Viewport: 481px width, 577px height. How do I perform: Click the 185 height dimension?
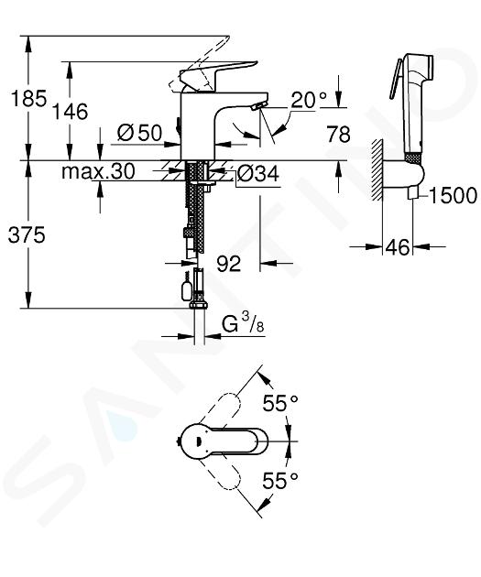coord(29,98)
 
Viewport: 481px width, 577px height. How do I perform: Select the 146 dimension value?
coord(70,112)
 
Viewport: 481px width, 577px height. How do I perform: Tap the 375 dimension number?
coord(27,234)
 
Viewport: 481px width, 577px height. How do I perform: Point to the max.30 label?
coord(98,171)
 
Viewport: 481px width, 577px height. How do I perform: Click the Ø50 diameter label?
coord(139,133)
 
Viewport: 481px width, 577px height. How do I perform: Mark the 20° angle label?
coord(309,100)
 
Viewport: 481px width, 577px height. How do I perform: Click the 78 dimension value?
coord(338,134)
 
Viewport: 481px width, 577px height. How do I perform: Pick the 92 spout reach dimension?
coord(228,264)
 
